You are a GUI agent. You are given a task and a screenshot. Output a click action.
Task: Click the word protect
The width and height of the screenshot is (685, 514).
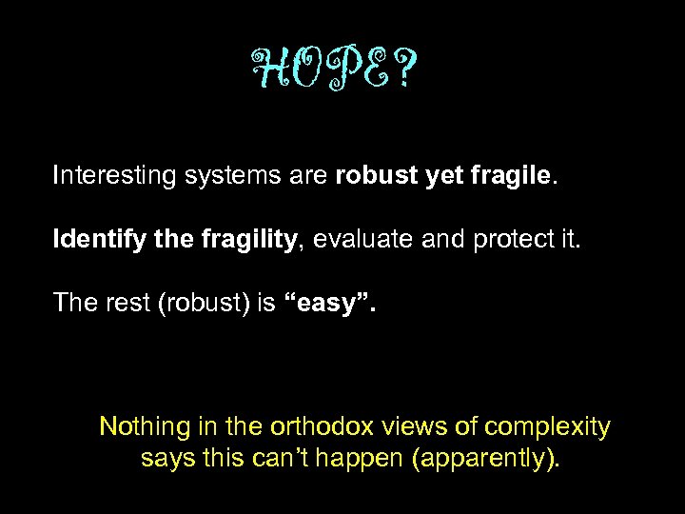click(510, 239)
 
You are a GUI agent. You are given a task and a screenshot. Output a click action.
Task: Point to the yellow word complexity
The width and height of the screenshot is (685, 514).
click(549, 426)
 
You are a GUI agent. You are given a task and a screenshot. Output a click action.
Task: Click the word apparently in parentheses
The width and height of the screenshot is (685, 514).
click(487, 459)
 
